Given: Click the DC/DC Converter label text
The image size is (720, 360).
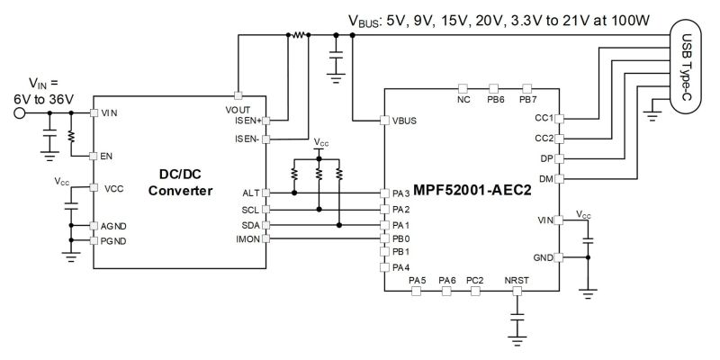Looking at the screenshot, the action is pyautogui.click(x=180, y=183).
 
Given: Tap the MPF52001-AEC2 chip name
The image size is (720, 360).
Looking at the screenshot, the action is pyautogui.click(x=472, y=190).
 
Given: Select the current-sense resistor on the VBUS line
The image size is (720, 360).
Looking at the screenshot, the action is pyautogui.click(x=299, y=34).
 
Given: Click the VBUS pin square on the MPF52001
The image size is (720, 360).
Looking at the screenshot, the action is pyautogui.click(x=385, y=121).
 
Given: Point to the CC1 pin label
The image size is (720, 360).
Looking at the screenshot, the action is pyautogui.click(x=544, y=119).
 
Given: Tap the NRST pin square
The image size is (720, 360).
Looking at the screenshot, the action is pyautogui.click(x=517, y=291).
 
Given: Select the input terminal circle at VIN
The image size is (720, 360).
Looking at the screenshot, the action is pyautogui.click(x=19, y=112).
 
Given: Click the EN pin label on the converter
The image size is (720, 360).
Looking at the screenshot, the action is pyautogui.click(x=106, y=156).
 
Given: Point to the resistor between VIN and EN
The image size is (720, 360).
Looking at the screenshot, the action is pyautogui.click(x=71, y=136).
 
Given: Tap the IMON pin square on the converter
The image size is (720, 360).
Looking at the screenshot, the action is pyautogui.click(x=265, y=238).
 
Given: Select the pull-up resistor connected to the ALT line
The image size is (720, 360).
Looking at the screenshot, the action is pyautogui.click(x=294, y=175).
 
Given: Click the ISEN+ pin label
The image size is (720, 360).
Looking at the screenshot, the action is pyautogui.click(x=248, y=121).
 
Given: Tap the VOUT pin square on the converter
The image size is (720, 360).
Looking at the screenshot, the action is pyautogui.click(x=238, y=95).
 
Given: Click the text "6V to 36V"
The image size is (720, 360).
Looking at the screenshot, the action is pyautogui.click(x=44, y=99).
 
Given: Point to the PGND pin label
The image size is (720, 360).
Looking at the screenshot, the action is pyautogui.click(x=113, y=241).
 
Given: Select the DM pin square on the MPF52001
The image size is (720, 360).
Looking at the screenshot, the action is pyautogui.click(x=559, y=178).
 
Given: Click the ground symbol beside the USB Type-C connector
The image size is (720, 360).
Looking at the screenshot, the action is pyautogui.click(x=652, y=115).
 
